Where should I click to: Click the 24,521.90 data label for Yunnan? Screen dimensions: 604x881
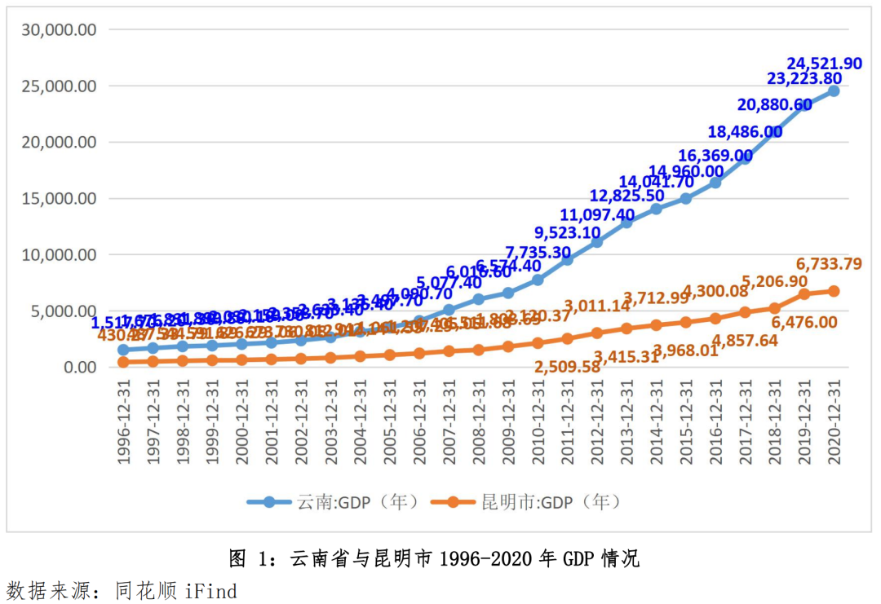824,64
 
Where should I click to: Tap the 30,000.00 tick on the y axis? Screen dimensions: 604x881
60,29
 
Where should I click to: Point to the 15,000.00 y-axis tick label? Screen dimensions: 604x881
60,198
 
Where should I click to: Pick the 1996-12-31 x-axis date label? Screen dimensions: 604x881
124,422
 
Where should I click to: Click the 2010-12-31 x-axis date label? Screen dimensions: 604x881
538,422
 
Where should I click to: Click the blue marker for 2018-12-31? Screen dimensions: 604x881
775,132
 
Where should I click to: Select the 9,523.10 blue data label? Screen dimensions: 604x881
568,232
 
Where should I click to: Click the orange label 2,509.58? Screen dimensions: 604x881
568,367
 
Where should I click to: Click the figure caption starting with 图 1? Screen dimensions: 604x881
433,559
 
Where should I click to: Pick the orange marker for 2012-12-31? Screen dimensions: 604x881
597,333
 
